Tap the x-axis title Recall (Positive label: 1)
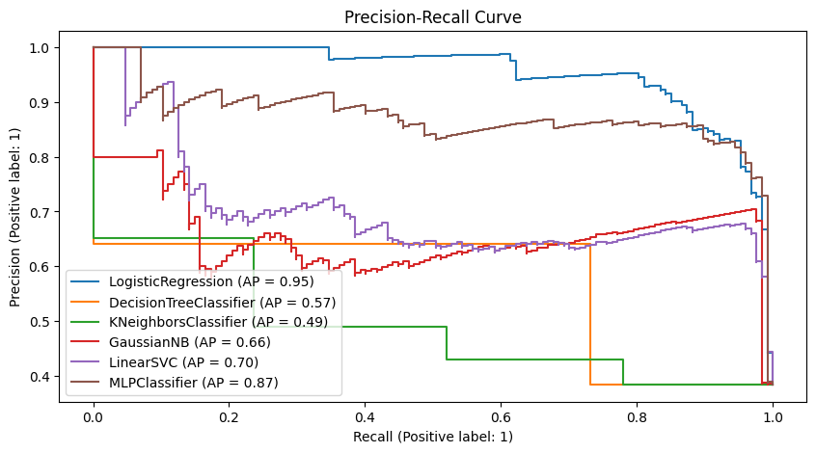[x=432, y=437]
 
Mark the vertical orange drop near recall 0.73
[x=589, y=313]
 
